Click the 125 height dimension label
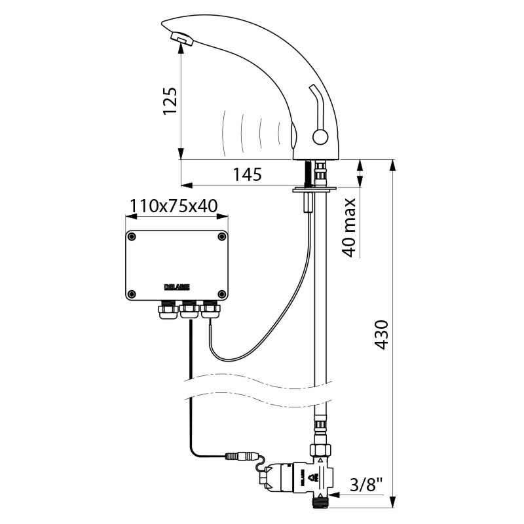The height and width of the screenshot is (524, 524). click(170, 101)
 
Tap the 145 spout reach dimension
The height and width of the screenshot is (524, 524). click(248, 174)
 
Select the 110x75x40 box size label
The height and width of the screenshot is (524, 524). click(174, 206)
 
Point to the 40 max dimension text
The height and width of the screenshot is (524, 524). click(349, 227)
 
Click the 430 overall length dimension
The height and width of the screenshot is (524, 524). click(381, 335)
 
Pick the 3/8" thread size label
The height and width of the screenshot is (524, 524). click(366, 485)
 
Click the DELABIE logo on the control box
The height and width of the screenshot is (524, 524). click(177, 287)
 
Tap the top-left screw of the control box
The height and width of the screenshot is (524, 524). click(132, 236)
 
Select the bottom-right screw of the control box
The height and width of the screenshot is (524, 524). click(221, 294)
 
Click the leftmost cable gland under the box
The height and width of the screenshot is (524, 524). click(168, 309)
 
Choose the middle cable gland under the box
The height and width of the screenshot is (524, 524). click(189, 309)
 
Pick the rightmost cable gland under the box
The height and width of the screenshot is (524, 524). click(210, 309)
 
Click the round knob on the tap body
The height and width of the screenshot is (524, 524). click(320, 137)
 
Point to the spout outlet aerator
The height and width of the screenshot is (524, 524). click(182, 39)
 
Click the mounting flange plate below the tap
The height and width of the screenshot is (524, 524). click(314, 190)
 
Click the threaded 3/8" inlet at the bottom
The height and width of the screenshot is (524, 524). click(322, 502)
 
